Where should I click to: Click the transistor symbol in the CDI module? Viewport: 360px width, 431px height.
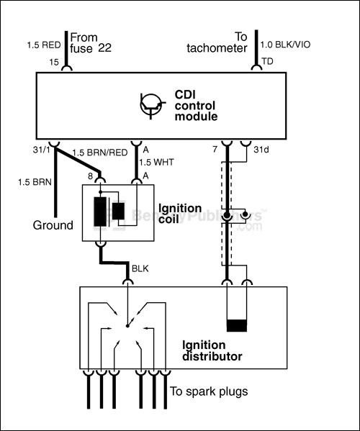(149, 104)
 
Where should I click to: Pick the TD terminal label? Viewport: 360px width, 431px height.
(267, 63)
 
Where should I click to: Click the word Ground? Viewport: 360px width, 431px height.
(53, 225)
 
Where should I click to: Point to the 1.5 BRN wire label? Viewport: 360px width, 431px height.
(33, 181)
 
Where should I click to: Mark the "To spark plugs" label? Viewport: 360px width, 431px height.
(209, 391)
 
